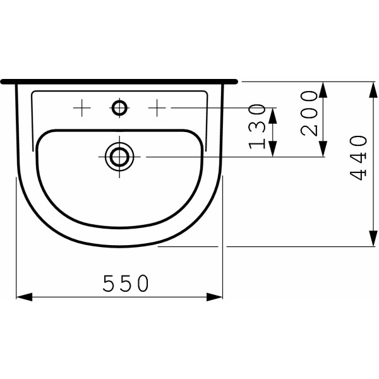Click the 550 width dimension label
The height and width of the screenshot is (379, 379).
click(126, 284)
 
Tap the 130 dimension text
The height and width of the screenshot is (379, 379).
click(257, 126)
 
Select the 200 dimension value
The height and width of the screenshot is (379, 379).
click(309, 113)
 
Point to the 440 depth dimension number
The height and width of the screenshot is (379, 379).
click(359, 158)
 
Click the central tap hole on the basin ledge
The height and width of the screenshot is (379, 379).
click(119, 108)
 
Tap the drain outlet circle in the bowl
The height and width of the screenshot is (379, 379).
click(119, 155)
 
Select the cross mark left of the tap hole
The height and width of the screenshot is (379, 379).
click(81, 108)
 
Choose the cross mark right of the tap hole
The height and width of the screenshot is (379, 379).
click(157, 108)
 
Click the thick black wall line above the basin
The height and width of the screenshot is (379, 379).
click(120, 81)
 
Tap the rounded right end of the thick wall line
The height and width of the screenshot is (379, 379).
click(236, 81)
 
